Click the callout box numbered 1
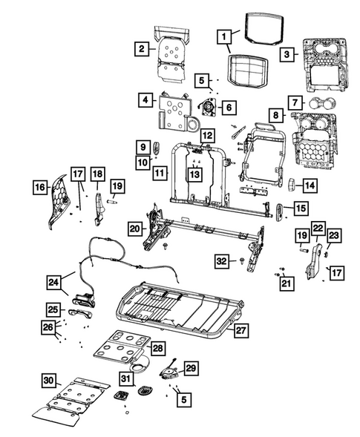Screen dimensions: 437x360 click(x=223, y=35)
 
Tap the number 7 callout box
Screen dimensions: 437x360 click(x=295, y=102)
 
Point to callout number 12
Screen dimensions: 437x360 click(x=207, y=136)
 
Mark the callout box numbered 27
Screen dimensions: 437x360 click(x=240, y=331)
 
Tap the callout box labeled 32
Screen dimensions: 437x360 click(x=221, y=260)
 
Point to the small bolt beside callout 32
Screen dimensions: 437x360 click(x=243, y=260)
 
